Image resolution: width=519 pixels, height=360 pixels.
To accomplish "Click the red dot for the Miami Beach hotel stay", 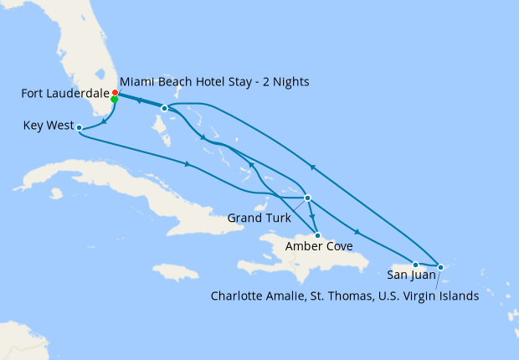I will pos(116,93).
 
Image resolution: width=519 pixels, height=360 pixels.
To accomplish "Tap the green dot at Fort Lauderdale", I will pos(114,100).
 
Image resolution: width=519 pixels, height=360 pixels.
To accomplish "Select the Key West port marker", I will pos(78,128).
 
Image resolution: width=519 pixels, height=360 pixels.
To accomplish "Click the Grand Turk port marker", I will pos(308,198).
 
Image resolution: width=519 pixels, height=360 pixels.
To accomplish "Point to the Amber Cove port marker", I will pos(317,235).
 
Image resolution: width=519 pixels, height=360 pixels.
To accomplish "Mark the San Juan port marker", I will pos(415,265).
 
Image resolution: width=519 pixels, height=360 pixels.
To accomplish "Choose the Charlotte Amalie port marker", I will pos(441,266).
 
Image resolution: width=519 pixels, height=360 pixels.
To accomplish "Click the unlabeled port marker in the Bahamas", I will pos(164,108).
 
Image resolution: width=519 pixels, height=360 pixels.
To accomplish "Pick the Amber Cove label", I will pos(317,246).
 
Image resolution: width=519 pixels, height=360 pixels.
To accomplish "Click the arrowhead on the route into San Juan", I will pos(357,233).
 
